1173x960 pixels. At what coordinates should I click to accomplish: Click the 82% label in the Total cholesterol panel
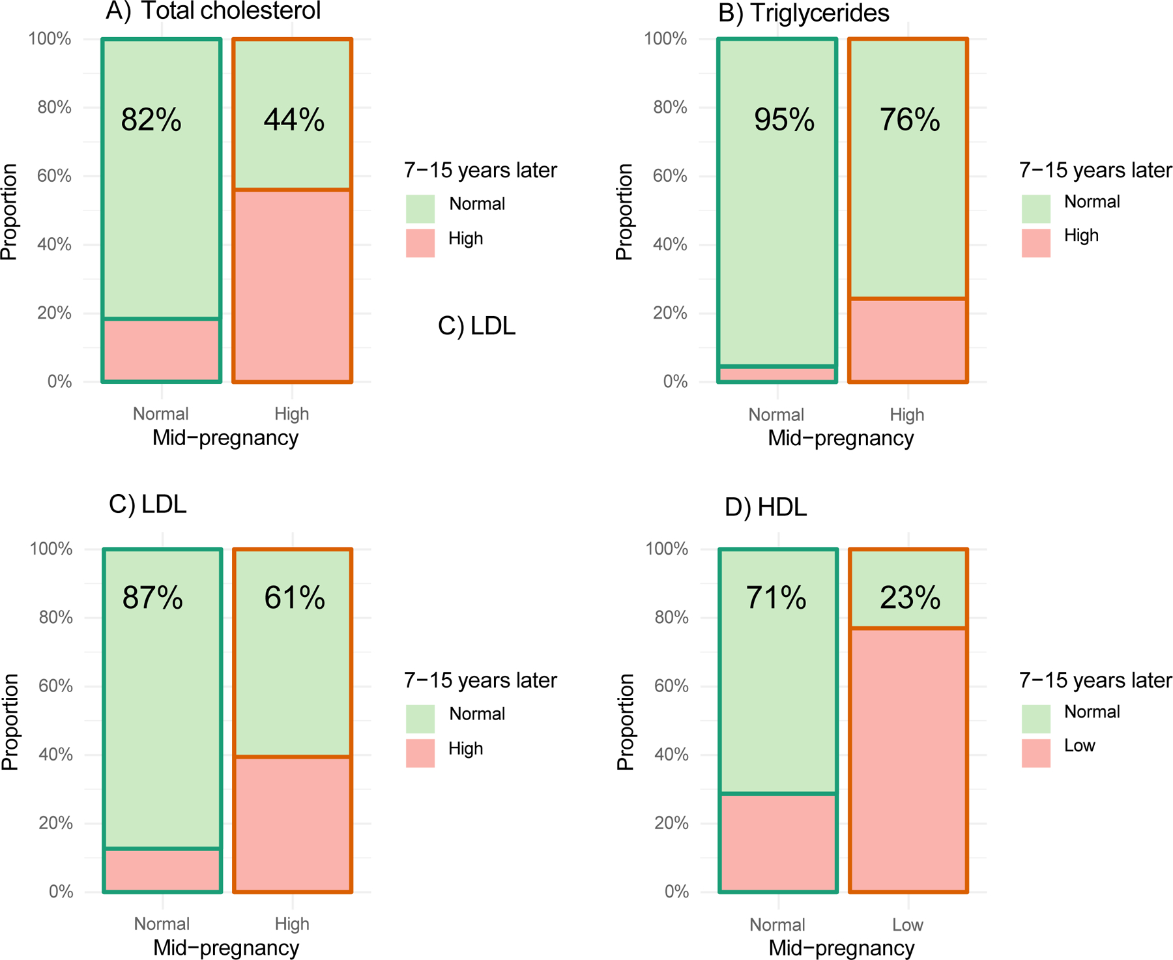pos(151,120)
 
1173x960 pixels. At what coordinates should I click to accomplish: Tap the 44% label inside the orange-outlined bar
pos(294,120)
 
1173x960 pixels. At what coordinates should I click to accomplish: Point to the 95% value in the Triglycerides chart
pos(784,120)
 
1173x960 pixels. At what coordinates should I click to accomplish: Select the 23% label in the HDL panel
pos(910,598)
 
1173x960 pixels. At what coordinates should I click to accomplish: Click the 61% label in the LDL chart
pos(295,598)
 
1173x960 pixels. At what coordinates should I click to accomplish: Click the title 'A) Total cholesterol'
pos(213,11)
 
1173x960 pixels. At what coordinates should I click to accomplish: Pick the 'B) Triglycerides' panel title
pos(804,13)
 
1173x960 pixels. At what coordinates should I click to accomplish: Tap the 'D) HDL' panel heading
pos(766,507)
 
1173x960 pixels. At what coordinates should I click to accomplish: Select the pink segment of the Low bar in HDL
pos(908,760)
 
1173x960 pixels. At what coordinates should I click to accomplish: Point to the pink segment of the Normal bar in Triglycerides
pos(777,374)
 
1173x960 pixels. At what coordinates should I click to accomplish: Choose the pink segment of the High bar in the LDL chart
pos(293,824)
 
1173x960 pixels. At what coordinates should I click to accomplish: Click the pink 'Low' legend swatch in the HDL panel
pos(1035,753)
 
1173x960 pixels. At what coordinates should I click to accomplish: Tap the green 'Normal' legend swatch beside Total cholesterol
pos(420,209)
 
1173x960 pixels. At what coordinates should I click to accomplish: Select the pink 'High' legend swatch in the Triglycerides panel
pos(1035,242)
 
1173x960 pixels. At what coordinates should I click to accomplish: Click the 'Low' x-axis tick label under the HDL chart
pos(908,925)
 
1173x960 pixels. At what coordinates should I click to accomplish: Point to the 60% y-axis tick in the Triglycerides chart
pos(670,176)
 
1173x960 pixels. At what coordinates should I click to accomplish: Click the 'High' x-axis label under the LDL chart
pos(292,924)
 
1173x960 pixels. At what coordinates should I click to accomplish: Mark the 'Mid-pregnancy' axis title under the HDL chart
pos(841,948)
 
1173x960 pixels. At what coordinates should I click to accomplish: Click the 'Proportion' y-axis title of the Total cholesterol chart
pos(9,212)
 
